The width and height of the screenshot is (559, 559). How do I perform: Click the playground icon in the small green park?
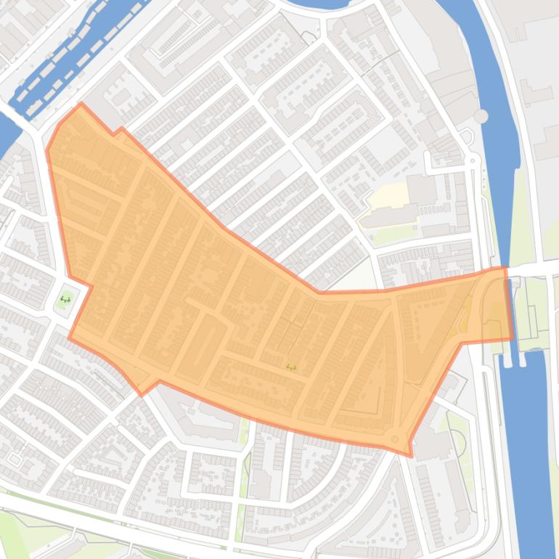coord(65,298)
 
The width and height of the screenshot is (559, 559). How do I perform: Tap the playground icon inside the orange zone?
coord(291,367)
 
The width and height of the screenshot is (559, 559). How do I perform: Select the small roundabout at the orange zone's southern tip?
coord(394,439)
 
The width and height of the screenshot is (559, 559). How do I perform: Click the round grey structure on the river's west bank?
coord(481,115)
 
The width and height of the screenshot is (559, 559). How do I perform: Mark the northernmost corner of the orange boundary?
coord(81,104)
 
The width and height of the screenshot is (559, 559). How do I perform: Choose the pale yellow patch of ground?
coord(385,195)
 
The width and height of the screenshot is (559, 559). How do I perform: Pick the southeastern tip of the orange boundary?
coord(411,456)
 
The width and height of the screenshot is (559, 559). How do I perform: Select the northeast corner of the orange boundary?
coord(505,268)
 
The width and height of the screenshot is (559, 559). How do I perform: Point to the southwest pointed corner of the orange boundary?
coord(142,394)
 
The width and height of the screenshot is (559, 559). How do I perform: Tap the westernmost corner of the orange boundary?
coord(47,151)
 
